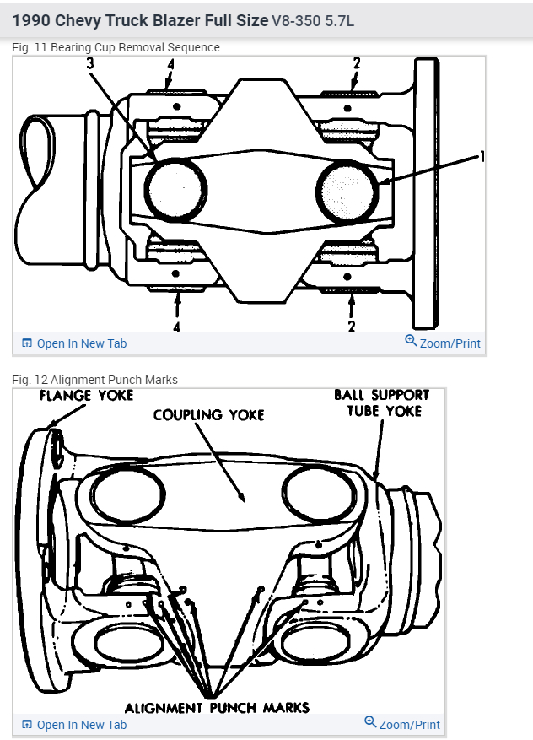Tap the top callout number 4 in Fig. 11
tap(171, 65)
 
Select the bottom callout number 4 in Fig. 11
tap(176, 326)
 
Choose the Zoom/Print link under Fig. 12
tap(402, 724)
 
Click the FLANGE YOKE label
tap(88, 395)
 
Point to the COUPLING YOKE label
tap(209, 414)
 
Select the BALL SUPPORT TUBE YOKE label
tap(381, 402)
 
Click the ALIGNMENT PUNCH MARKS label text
tap(217, 707)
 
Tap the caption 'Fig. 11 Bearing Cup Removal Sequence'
tap(116, 47)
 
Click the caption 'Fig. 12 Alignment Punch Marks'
tap(94, 380)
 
